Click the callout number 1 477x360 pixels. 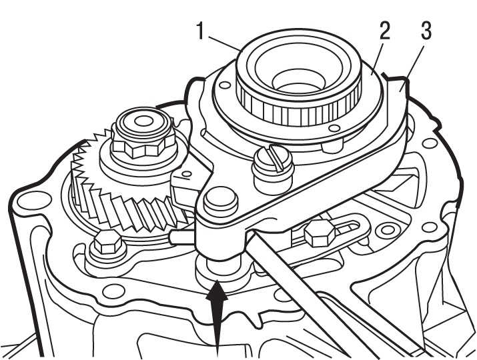point(200,30)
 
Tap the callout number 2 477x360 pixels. point(384,31)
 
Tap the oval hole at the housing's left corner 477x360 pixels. point(28,199)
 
